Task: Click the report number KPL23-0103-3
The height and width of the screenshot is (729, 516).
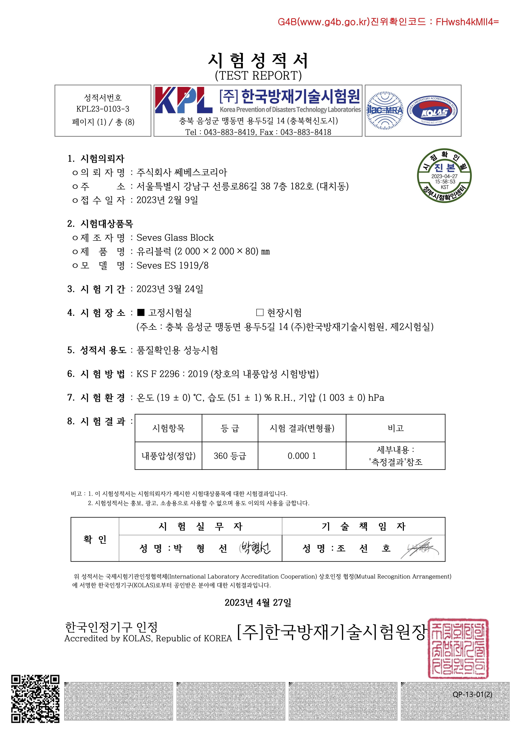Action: tap(103, 109)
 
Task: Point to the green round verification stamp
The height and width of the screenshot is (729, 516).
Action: tap(444, 176)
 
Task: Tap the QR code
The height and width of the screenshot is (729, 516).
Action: tap(35, 699)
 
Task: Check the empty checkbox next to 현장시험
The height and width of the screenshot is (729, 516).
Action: tap(260, 313)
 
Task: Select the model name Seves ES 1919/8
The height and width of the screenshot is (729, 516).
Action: tap(172, 265)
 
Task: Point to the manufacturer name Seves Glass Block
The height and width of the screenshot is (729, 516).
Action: tap(175, 238)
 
